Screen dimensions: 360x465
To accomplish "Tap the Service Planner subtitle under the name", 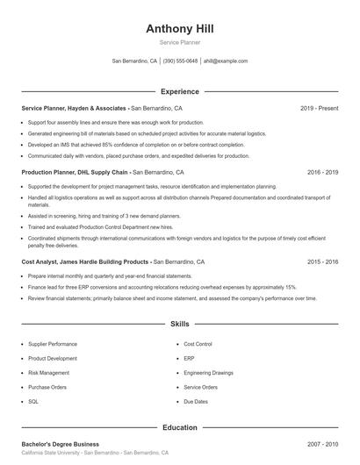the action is click(x=179, y=42).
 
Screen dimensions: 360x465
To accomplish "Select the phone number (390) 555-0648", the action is click(x=180, y=61).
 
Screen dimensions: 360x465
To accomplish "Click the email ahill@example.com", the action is click(x=226, y=61).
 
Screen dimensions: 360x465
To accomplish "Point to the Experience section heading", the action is click(x=179, y=91).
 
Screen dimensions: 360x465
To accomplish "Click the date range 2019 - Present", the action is click(x=319, y=108).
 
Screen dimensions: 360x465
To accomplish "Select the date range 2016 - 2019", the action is click(x=322, y=173).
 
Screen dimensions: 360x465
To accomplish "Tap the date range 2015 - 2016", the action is click(x=322, y=261).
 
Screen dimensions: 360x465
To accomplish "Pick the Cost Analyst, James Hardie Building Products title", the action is click(x=85, y=261).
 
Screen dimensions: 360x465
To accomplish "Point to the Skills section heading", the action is click(x=179, y=324).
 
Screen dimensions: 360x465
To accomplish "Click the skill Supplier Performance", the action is click(x=52, y=344).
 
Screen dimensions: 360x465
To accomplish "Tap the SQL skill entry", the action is click(x=33, y=401).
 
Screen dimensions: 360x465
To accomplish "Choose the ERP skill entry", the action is click(x=189, y=358).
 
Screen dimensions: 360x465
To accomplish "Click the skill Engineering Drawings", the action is click(x=208, y=372).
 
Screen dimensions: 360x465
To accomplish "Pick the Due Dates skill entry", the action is click(x=195, y=401).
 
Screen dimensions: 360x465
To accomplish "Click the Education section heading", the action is click(x=179, y=427).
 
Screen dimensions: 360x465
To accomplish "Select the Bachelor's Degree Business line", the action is click(x=60, y=444).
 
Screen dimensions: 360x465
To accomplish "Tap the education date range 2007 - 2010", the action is click(x=322, y=444).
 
